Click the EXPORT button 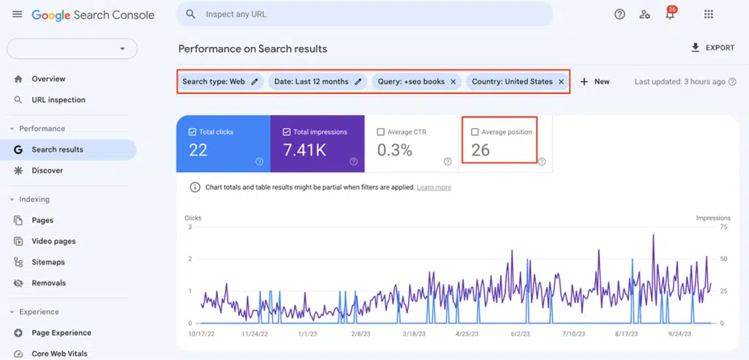tap(712, 48)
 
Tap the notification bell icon tap(669, 15)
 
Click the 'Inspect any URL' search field tap(366, 14)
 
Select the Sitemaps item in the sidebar tap(48, 262)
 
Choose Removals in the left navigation tap(48, 283)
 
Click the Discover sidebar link tap(47, 170)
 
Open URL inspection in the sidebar tap(59, 100)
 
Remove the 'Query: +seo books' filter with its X tap(453, 82)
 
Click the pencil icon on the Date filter tap(358, 82)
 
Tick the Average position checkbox tap(475, 132)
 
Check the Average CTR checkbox tap(380, 132)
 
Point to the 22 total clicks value tap(198, 151)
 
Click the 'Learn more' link tap(434, 187)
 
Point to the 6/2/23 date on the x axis tap(522, 334)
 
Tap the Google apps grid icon tap(708, 15)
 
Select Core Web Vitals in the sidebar tap(59, 353)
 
